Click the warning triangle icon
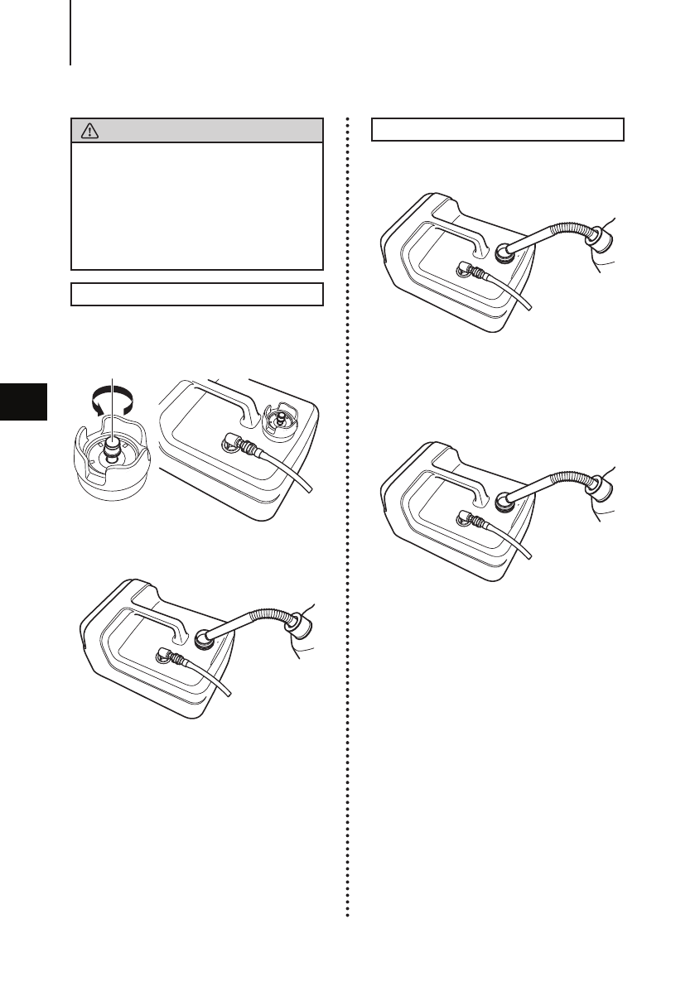(x=86, y=131)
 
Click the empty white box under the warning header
(x=196, y=205)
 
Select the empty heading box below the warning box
(x=196, y=294)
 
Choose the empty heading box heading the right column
(x=497, y=130)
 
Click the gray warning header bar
(x=196, y=131)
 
